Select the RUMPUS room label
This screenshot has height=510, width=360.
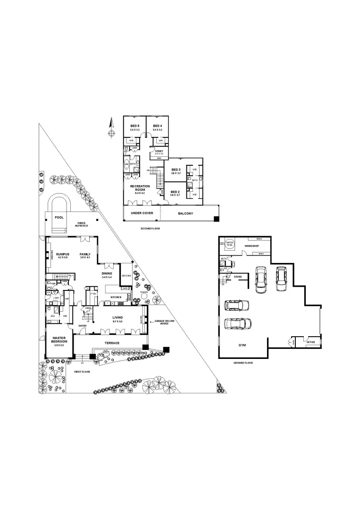pos(63,254)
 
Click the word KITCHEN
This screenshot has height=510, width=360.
pos(117,297)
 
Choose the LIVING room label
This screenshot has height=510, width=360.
pos(117,317)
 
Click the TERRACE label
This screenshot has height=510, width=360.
pos(112,343)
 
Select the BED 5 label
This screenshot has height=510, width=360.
pos(134,126)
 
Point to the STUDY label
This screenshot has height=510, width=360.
pos(159,151)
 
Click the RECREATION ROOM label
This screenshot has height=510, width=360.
pos(140,188)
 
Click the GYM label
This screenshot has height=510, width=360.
pos(243,345)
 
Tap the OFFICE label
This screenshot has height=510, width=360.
pos(311,341)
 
